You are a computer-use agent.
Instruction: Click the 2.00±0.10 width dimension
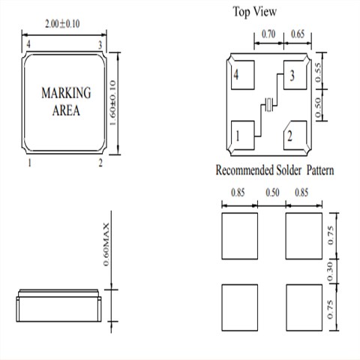62,24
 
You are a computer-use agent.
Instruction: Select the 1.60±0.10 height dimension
112,103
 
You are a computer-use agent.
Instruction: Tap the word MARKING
66,93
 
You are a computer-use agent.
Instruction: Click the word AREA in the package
66,110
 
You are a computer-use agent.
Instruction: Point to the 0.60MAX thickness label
106,244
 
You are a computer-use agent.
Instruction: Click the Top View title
255,12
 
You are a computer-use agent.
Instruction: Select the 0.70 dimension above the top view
268,34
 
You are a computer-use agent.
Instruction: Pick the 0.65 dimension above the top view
298,34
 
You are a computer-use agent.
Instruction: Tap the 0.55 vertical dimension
318,73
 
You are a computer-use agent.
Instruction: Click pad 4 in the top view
243,75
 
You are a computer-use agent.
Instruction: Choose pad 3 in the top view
295,75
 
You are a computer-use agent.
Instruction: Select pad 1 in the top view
243,136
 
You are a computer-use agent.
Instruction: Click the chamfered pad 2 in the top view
295,136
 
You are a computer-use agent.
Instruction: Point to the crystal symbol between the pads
268,105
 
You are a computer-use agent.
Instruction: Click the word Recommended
244,170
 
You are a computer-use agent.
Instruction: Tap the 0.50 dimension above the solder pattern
272,193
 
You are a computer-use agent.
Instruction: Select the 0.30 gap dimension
330,271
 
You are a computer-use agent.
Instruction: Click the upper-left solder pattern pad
240,236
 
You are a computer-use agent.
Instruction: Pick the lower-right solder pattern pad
304,307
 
